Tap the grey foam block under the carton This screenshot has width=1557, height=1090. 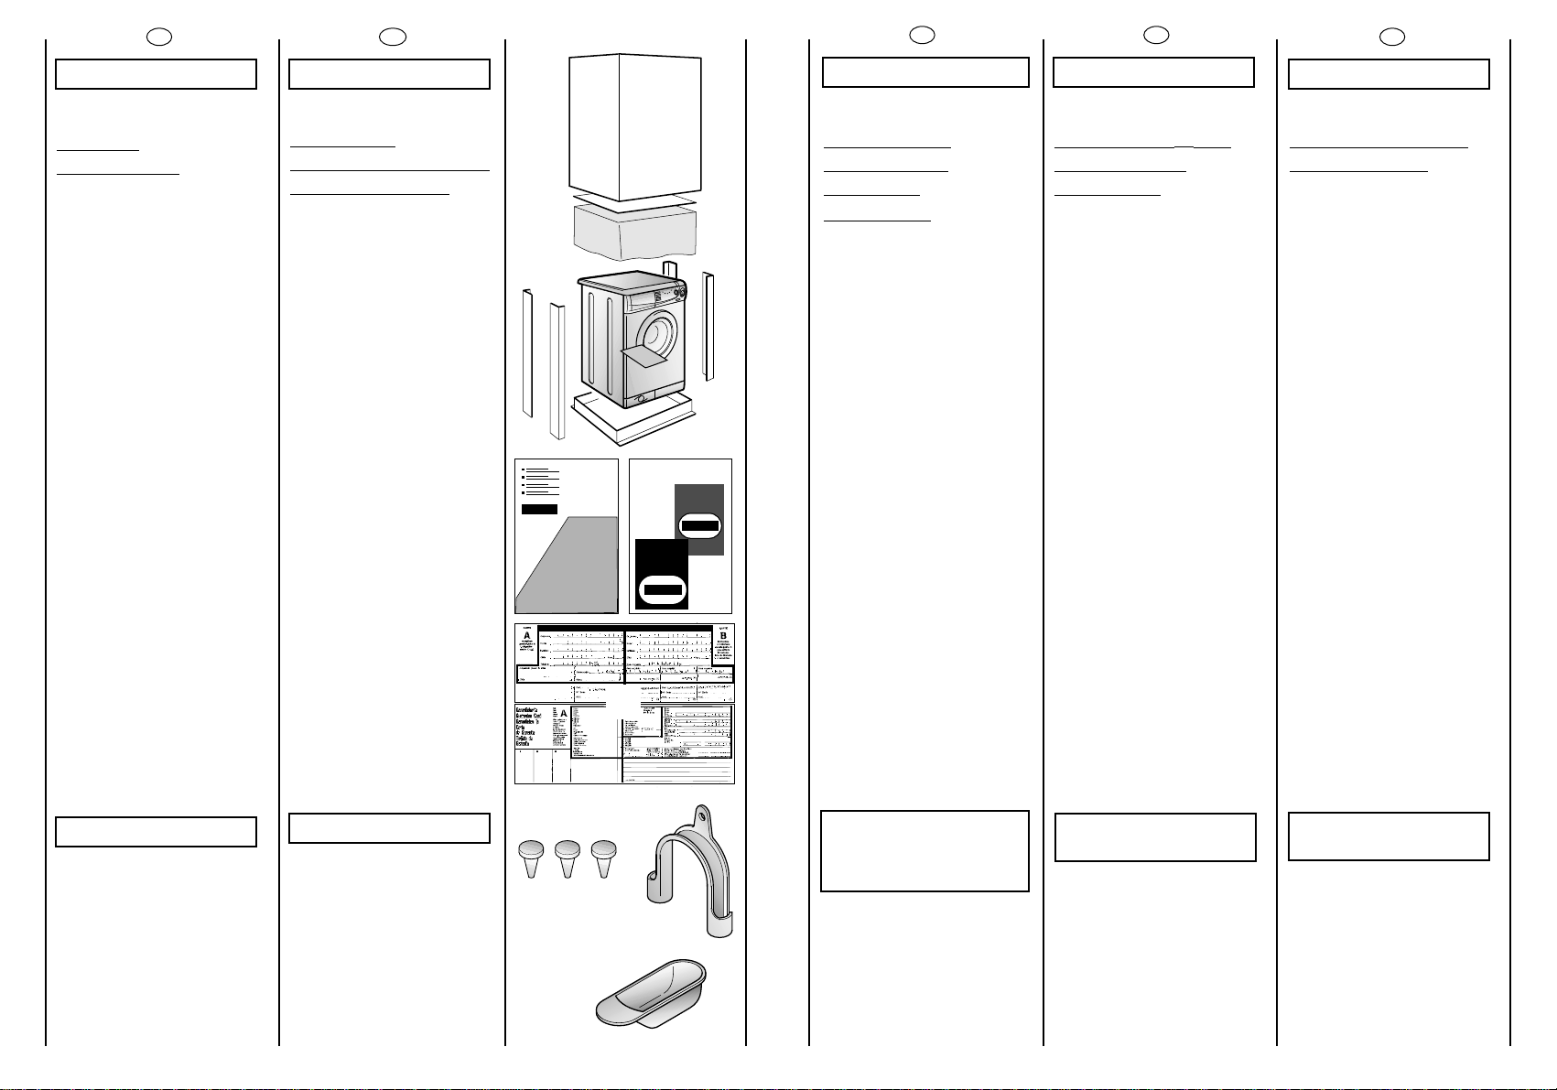634,231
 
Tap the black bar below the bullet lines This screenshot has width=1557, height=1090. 539,509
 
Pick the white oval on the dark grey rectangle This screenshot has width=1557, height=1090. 700,526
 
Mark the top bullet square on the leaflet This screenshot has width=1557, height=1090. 523,469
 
